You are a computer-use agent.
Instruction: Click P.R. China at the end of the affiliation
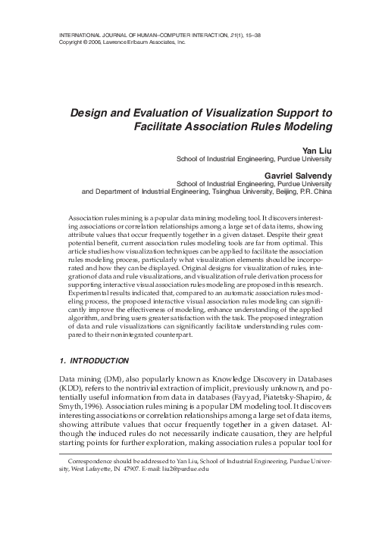318,192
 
